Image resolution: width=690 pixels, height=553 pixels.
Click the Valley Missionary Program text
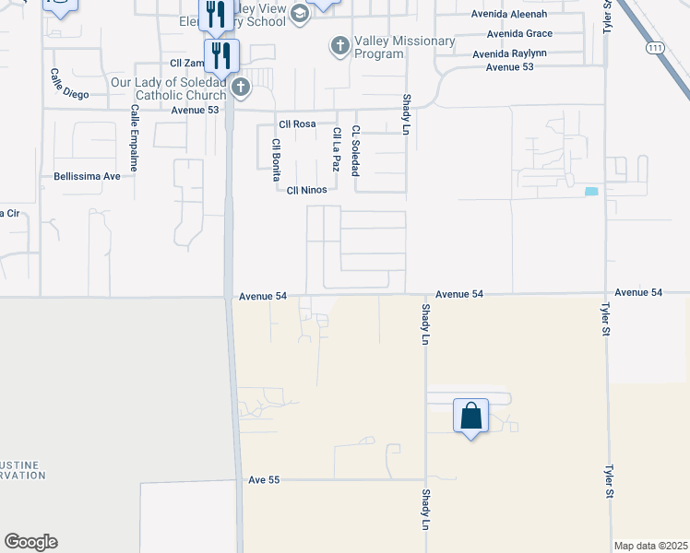tap(392, 47)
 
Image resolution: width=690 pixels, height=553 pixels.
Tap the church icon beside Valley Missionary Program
tap(340, 44)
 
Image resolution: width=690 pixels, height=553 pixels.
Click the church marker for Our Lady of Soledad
tap(241, 88)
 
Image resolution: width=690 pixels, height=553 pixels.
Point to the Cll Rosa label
tap(297, 124)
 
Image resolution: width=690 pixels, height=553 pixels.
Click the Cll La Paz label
tap(337, 150)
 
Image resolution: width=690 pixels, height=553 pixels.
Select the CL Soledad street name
tap(355, 150)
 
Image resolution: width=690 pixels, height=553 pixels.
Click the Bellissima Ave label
tap(88, 175)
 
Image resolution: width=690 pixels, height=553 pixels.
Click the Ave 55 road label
tap(264, 480)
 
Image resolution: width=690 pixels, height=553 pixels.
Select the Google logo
tap(30, 542)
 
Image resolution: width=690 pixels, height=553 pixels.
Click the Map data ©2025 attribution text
tap(650, 545)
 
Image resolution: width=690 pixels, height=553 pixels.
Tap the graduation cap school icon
tap(300, 12)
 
